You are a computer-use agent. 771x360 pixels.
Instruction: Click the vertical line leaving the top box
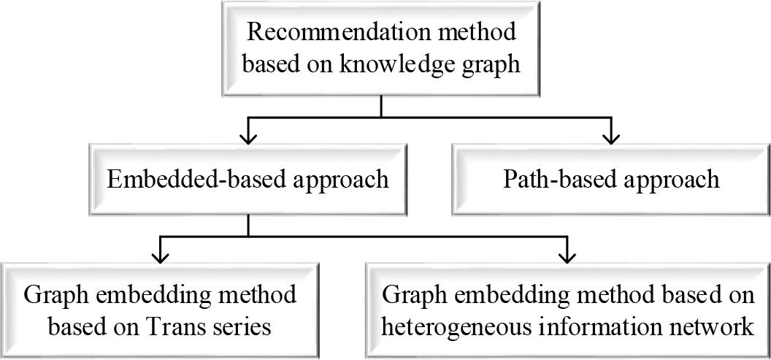382,104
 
